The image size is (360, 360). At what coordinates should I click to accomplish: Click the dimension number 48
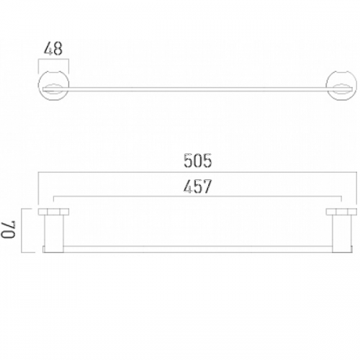53,48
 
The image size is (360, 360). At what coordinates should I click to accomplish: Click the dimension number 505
198,161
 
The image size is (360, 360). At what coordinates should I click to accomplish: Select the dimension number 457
198,186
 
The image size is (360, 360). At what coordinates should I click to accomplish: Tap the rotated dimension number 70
9,230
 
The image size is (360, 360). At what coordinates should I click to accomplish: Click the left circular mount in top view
38,85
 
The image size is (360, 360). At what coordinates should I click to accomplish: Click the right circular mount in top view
357,85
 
